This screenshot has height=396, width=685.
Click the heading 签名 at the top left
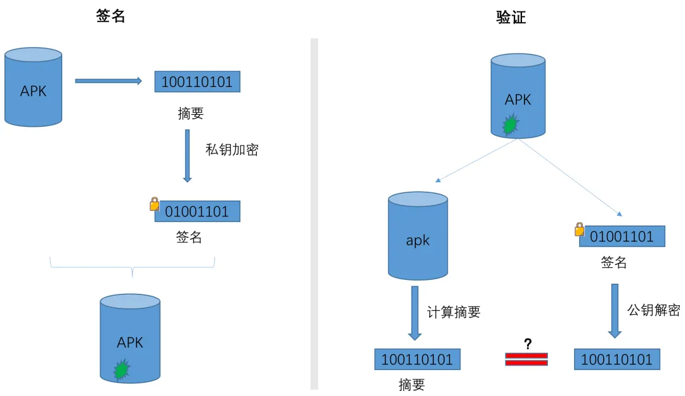tap(110, 16)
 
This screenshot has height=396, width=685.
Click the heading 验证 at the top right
tap(511, 18)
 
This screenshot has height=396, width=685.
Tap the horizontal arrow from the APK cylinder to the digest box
tap(108, 81)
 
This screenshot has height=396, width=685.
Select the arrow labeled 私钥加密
tap(187, 155)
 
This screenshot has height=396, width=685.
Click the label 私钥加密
tap(232, 150)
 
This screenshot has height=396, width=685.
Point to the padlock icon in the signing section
tap(155, 204)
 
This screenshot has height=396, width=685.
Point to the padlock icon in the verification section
tap(579, 230)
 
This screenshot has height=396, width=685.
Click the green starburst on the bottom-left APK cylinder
tap(122, 369)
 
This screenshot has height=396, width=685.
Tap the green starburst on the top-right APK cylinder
tap(510, 124)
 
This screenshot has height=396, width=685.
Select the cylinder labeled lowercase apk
tap(417, 236)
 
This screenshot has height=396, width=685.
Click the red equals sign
tap(526, 359)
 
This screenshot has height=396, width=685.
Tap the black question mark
tap(528, 344)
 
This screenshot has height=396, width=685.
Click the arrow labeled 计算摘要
tap(415, 313)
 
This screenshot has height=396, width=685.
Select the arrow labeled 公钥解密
tap(615, 311)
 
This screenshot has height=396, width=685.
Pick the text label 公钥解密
tap(654, 310)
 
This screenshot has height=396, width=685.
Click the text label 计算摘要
tap(454, 312)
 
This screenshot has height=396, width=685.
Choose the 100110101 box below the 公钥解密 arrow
tap(617, 359)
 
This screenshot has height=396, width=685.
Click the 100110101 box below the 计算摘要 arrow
tap(417, 359)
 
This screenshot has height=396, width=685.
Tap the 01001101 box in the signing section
tap(197, 211)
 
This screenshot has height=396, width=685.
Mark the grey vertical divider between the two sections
tap(314, 214)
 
